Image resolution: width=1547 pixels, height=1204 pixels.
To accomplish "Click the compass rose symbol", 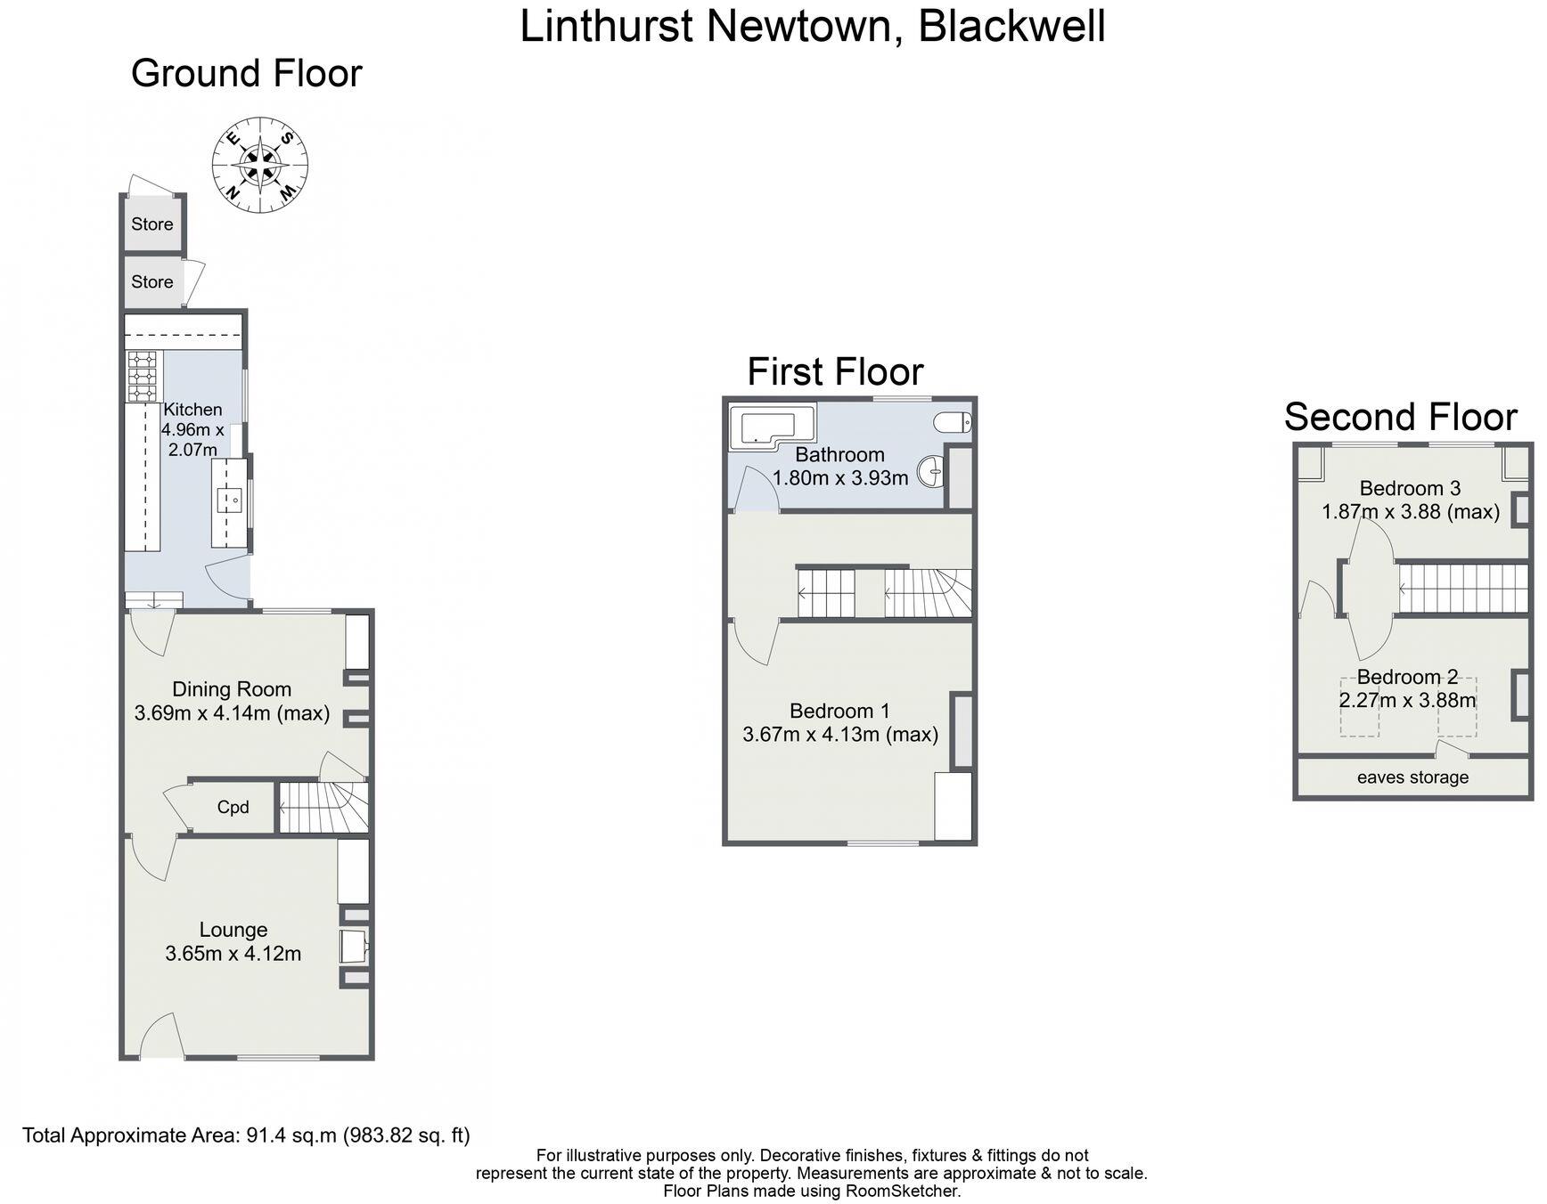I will tap(260, 167).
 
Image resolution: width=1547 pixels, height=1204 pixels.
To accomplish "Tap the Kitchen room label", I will tap(192, 410).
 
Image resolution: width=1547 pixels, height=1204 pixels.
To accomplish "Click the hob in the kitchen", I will tap(143, 376).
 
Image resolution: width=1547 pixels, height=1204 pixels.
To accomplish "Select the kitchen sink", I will tap(230, 500).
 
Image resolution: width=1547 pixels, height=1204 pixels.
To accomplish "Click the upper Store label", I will tap(152, 224).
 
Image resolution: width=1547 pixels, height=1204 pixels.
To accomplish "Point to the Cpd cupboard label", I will tap(233, 808).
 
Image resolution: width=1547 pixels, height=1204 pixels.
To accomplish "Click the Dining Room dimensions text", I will tap(232, 713).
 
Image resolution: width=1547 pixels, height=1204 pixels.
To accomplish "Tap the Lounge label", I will tap(233, 930).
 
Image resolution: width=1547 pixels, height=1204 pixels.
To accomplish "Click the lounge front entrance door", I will tap(163, 1037).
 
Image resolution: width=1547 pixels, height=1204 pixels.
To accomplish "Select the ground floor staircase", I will tap(323, 808).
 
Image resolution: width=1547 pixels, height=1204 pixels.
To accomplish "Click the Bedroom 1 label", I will tap(839, 711).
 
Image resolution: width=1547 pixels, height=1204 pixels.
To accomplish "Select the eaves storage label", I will tap(1412, 777).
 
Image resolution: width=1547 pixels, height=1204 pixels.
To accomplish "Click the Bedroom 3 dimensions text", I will tap(1410, 512).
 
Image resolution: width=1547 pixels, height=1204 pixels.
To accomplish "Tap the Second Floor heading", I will tap(1400, 417).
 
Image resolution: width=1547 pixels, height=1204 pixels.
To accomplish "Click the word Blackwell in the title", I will tap(1011, 25).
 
